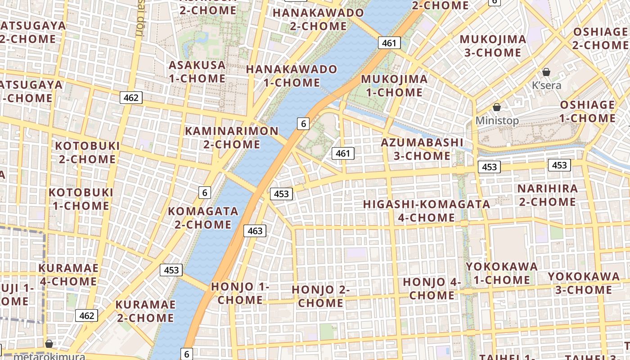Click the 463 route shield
(255, 231)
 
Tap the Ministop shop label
(497, 121)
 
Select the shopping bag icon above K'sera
(546, 72)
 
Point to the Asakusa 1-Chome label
(197, 72)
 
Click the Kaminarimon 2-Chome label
(232, 138)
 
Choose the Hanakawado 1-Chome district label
(292, 76)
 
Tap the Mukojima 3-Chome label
(493, 46)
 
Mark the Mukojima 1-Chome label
(394, 86)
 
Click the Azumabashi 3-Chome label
(422, 149)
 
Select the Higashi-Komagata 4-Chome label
(427, 211)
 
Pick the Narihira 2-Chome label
(547, 195)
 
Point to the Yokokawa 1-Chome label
(502, 273)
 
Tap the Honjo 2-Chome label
(321, 296)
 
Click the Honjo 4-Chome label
(432, 289)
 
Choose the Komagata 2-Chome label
(203, 217)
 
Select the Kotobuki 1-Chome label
(81, 199)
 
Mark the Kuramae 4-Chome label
(68, 274)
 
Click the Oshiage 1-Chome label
(587, 112)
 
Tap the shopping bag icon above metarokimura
(49, 344)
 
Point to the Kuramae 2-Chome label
(145, 311)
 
